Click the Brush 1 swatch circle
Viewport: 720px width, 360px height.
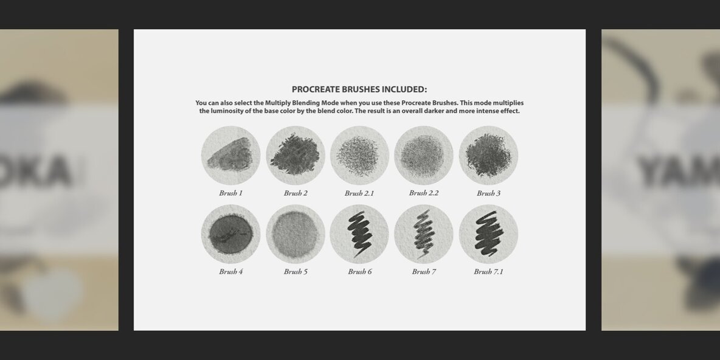tap(230, 156)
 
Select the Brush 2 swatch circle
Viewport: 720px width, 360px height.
tap(296, 156)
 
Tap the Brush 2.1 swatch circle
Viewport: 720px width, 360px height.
tap(359, 156)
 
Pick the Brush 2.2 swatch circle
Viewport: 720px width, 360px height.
tap(424, 156)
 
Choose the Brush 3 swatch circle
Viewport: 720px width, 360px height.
tap(488, 156)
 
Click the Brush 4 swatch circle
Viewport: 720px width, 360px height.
tap(230, 234)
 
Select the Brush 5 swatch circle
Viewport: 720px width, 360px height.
tap(296, 234)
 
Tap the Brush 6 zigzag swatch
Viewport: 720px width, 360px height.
tap(359, 234)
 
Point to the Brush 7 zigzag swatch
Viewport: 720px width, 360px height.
tap(424, 234)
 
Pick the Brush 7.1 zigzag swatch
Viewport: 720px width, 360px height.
tap(488, 234)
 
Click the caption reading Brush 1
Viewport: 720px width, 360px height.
tap(231, 193)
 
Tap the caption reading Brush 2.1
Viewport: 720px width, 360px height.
tap(359, 193)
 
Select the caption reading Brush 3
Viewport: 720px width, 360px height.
tap(489, 193)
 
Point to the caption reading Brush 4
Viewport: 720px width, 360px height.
tap(231, 272)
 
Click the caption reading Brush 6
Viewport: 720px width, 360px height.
tap(360, 272)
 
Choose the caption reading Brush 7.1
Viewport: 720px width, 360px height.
tap(489, 272)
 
